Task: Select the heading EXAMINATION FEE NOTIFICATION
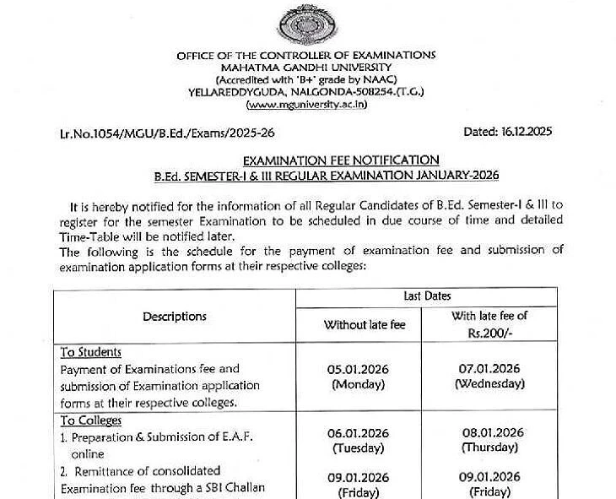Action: (x=341, y=160)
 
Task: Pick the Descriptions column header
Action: (x=175, y=317)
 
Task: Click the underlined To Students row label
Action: (x=91, y=352)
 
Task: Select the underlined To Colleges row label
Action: (x=91, y=420)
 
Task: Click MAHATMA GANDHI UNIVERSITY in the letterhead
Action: (x=306, y=67)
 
